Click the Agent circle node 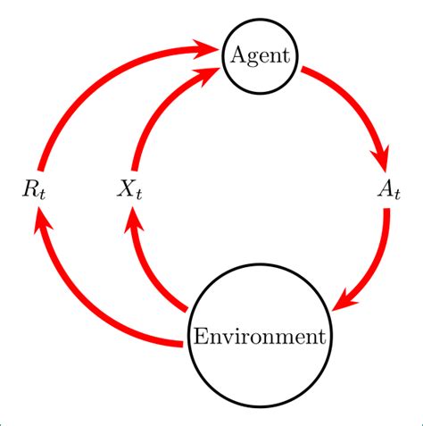coord(260,55)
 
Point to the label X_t coord(130,189)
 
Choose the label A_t coord(387,189)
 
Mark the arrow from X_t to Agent coord(161,107)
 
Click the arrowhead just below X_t coord(132,217)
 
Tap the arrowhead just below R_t coord(37,217)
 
